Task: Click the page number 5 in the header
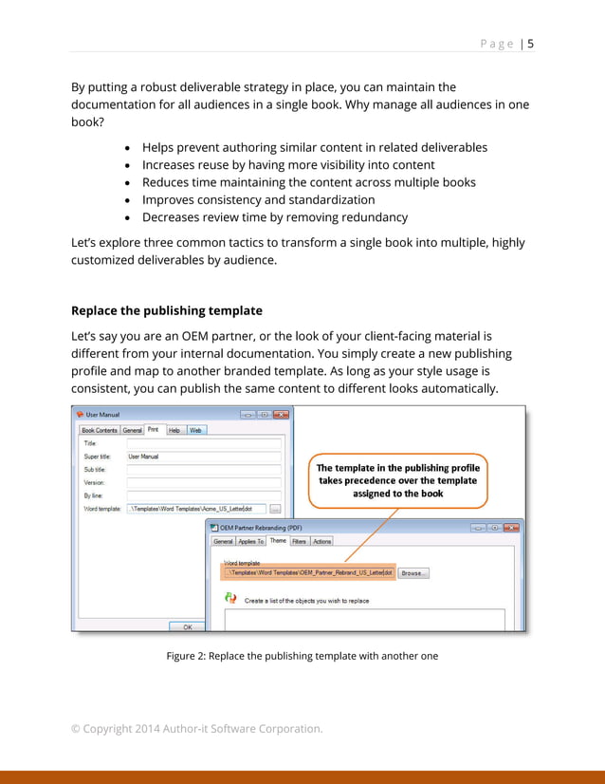(x=530, y=44)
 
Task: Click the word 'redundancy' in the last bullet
(x=374, y=216)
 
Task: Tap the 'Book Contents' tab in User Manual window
(x=100, y=430)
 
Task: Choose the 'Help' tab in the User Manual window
(x=174, y=430)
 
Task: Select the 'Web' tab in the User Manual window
(x=195, y=430)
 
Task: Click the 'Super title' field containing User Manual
(x=204, y=457)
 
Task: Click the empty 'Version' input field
(x=204, y=482)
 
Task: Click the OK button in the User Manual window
(x=187, y=626)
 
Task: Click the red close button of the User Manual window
(x=282, y=415)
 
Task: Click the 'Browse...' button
(x=412, y=573)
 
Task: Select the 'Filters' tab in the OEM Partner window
(x=299, y=541)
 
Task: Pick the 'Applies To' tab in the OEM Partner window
(x=251, y=541)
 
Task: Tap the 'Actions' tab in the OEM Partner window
(x=322, y=541)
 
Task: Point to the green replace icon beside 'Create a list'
(x=229, y=598)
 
